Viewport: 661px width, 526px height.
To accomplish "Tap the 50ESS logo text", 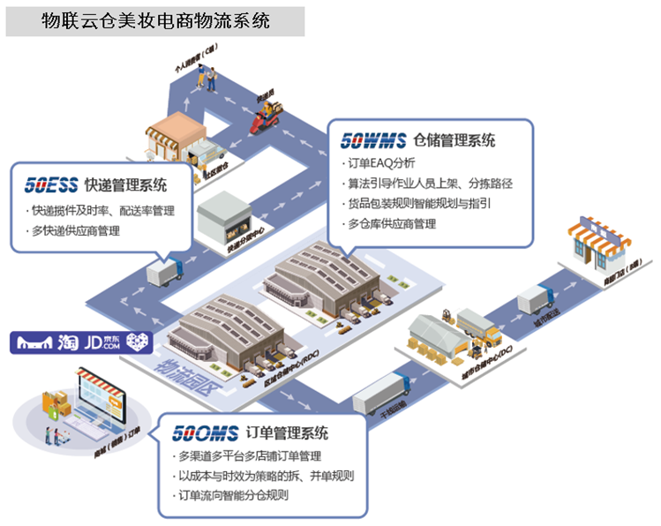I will pos(50,185).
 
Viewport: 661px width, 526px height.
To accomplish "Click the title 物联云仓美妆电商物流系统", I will pos(155,19).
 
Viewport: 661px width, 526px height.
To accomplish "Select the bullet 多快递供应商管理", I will pos(74,231).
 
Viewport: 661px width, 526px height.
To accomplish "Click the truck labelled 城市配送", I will pos(534,299).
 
